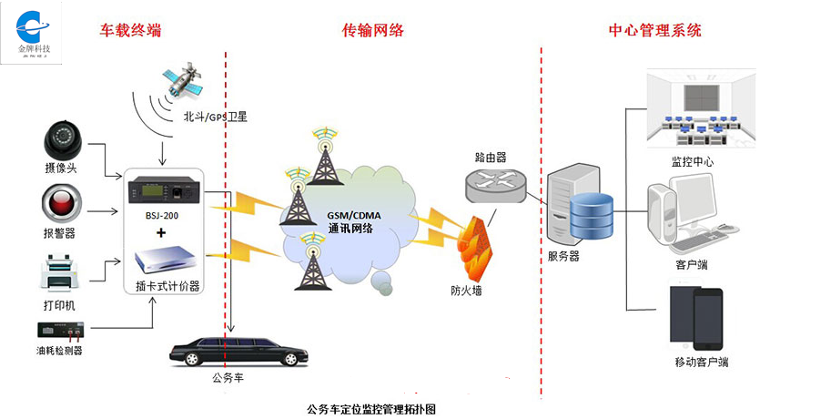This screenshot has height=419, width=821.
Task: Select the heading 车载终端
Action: (130, 31)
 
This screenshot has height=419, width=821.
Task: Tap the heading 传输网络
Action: (372, 31)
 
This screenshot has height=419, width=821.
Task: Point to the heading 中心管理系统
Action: (654, 31)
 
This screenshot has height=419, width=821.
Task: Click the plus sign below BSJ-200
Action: (162, 233)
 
